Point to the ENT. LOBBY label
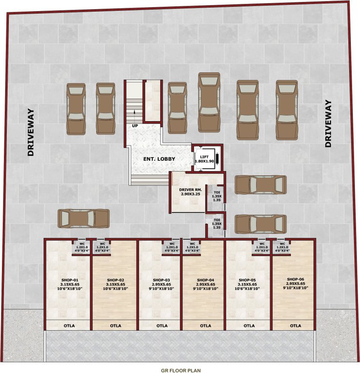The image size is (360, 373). point(159,159)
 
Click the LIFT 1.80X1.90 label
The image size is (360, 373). point(204,158)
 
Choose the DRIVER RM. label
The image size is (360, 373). point(187,191)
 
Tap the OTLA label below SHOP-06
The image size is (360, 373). point(295,325)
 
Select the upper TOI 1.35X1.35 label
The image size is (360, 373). point(217,195)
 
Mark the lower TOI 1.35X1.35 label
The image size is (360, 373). point(217,223)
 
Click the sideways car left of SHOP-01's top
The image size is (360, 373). point(83,218)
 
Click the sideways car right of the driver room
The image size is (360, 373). point(260,185)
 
